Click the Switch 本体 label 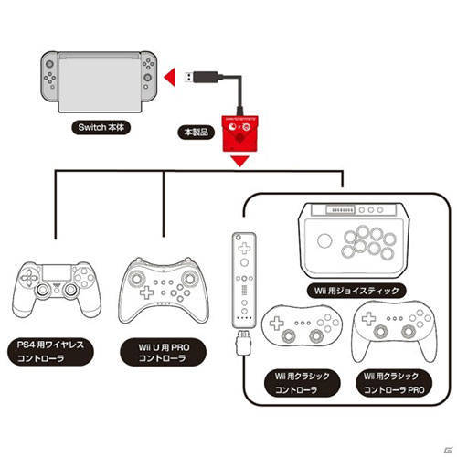101,127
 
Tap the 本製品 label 197,133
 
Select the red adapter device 239,133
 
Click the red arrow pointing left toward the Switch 170,77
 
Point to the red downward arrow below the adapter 240,161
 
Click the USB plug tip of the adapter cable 189,77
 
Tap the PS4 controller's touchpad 57,272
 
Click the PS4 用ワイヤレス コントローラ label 50,351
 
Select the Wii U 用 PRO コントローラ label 164,352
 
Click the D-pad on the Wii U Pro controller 146,292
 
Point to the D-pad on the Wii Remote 244,248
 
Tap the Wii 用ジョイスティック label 356,291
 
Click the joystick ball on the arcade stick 324,240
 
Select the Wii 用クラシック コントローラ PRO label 394,383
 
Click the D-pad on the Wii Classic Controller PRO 368,318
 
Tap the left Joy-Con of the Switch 49,76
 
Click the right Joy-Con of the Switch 148,76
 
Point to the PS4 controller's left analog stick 42,291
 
